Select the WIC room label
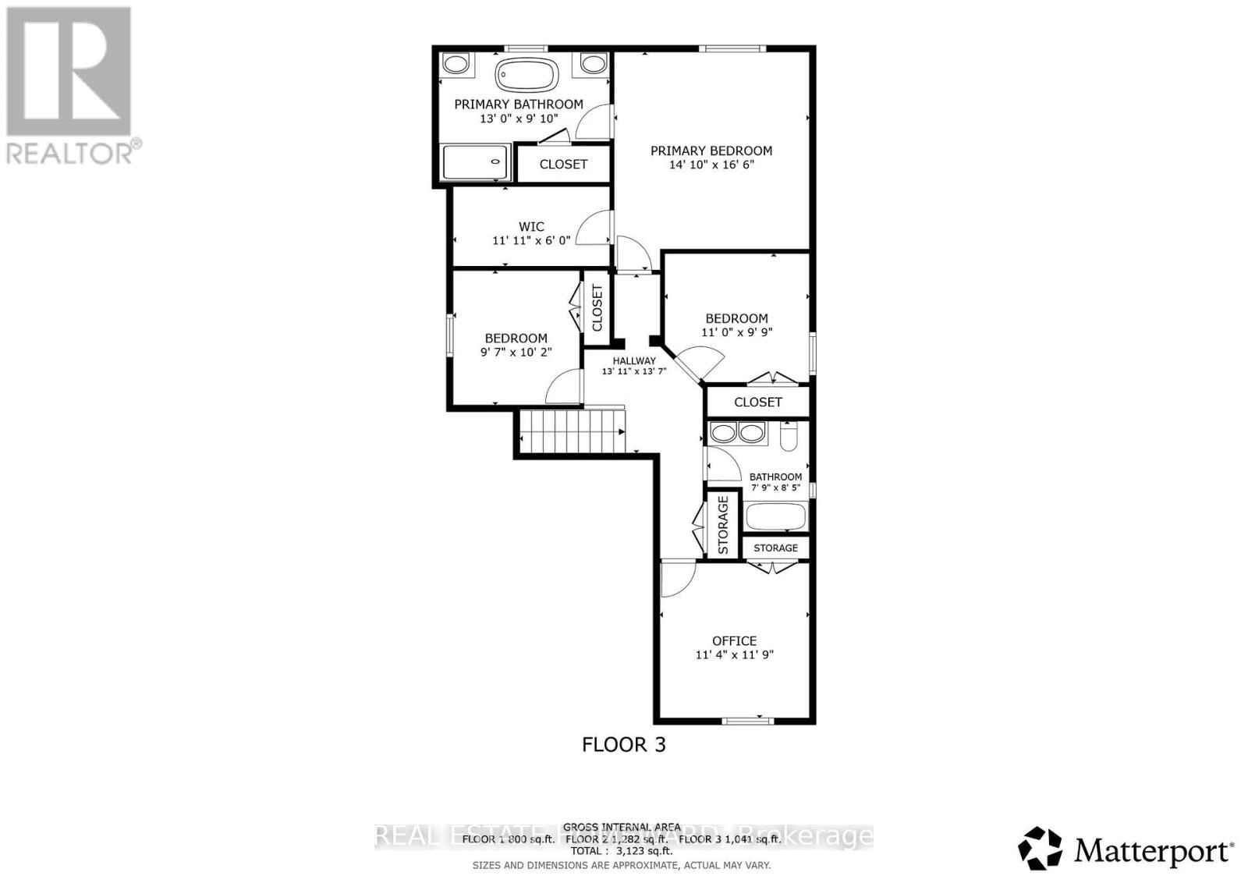(x=531, y=227)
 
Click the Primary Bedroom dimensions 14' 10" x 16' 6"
(x=711, y=165)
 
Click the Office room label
(x=734, y=640)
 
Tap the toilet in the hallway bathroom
(x=787, y=437)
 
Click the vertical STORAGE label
(x=723, y=524)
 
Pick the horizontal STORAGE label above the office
(x=775, y=548)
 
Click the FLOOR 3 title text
(x=624, y=744)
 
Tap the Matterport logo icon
(x=1041, y=849)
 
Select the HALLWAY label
(x=633, y=360)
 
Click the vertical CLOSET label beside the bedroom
(x=597, y=307)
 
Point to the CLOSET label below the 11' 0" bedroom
(x=757, y=402)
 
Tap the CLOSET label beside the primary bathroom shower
(x=563, y=164)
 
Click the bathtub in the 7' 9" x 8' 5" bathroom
(x=775, y=516)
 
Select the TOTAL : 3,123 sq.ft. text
(x=621, y=851)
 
